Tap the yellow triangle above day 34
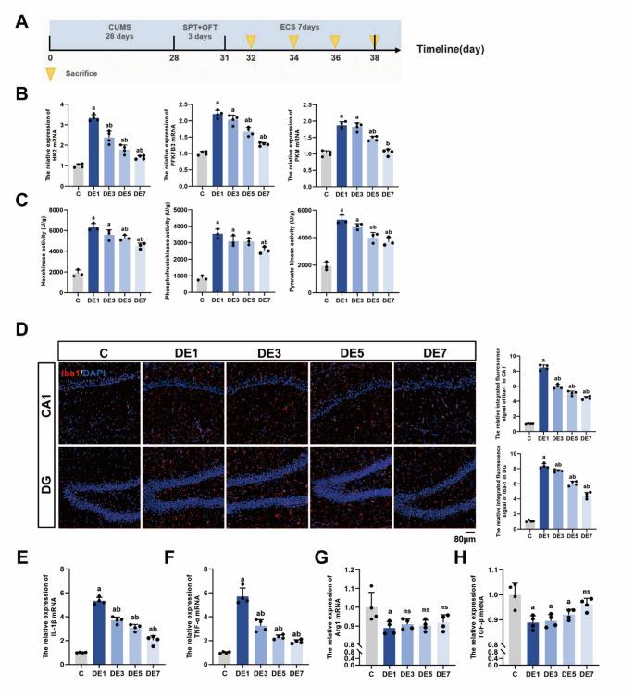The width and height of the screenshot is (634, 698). click(x=294, y=42)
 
